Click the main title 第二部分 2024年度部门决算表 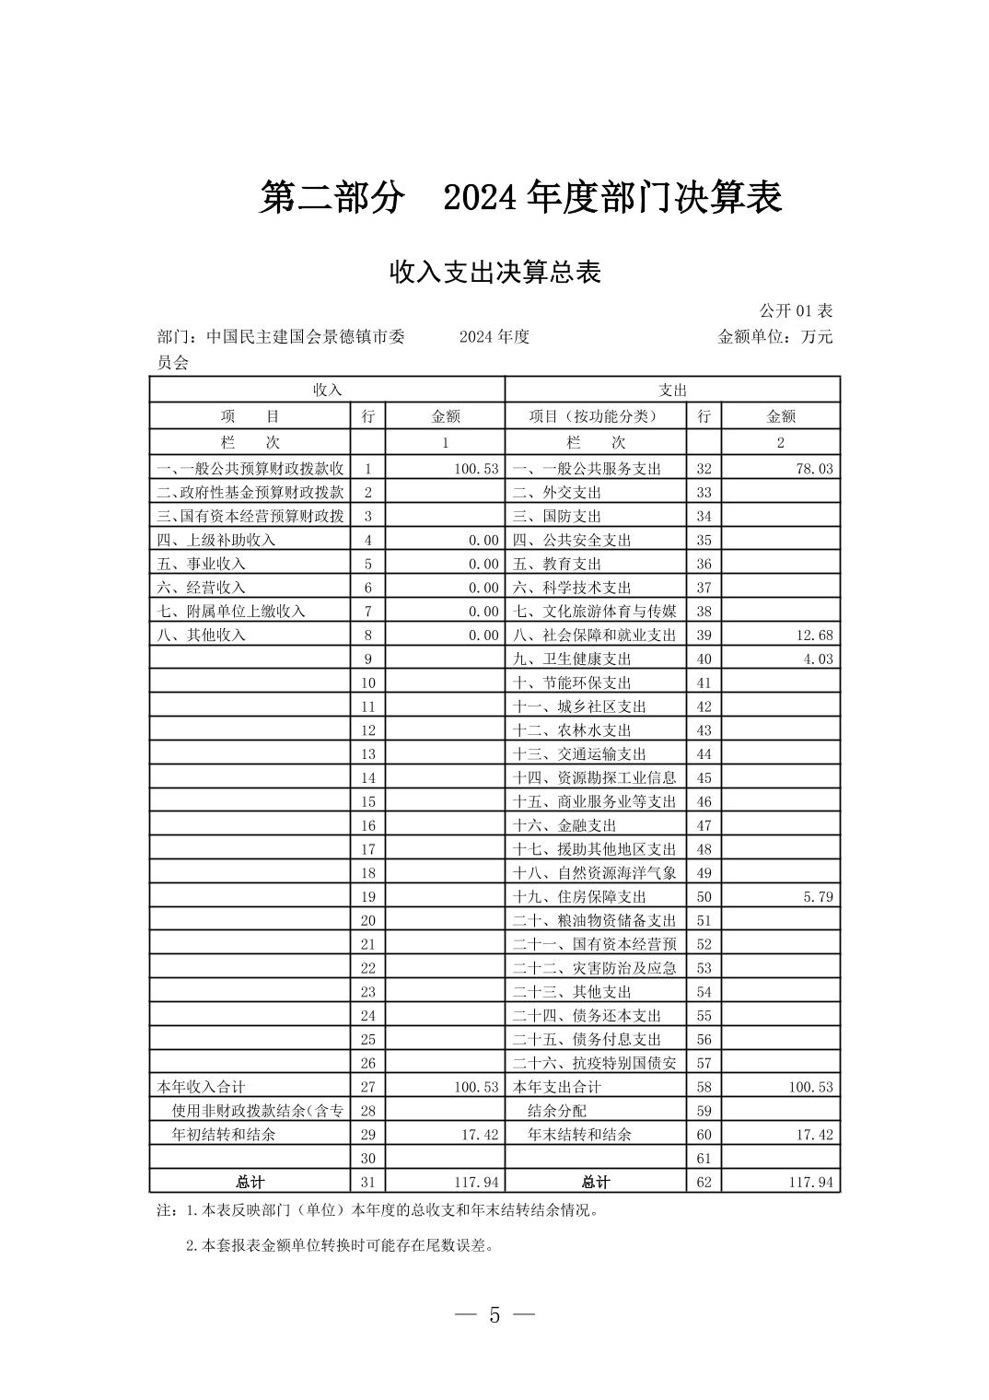pyautogui.click(x=520, y=198)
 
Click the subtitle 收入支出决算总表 pyautogui.click(x=494, y=273)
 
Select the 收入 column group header pyautogui.click(x=327, y=391)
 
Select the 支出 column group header pyautogui.click(x=672, y=391)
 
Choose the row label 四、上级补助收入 pyautogui.click(x=216, y=541)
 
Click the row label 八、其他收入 pyautogui.click(x=202, y=636)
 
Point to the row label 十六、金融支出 pyautogui.click(x=564, y=826)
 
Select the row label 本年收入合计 pyautogui.click(x=202, y=1088)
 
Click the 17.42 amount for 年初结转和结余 pyautogui.click(x=479, y=1135)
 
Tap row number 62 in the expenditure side pyautogui.click(x=704, y=1183)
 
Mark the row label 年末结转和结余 pyautogui.click(x=579, y=1135)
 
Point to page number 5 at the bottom pyautogui.click(x=494, y=1315)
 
